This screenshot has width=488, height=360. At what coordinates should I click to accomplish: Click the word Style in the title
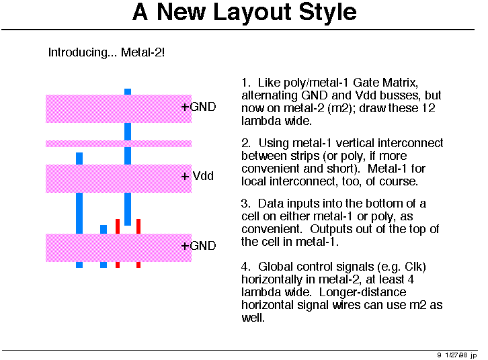[328, 13]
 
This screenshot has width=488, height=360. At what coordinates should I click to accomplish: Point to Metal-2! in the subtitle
[143, 52]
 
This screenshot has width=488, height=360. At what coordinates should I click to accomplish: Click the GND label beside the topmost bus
[202, 107]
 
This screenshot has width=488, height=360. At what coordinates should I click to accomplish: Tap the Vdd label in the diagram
[203, 176]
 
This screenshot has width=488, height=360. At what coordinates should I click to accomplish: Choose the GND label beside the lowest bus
[202, 246]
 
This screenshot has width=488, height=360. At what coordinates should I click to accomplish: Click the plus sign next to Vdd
[185, 177]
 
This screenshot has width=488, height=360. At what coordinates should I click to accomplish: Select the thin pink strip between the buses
[118, 144]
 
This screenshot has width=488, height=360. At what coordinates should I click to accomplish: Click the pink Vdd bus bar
[118, 179]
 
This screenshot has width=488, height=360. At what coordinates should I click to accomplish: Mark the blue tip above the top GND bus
[128, 92]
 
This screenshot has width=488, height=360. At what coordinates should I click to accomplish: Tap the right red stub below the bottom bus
[138, 265]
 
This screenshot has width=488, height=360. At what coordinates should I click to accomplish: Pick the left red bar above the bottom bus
[118, 226]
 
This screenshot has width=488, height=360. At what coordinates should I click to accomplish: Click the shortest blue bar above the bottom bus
[104, 230]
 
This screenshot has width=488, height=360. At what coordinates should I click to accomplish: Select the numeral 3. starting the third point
[245, 204]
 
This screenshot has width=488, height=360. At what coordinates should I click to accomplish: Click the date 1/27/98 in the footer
[456, 355]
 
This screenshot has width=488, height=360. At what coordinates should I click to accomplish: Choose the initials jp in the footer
[474, 356]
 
